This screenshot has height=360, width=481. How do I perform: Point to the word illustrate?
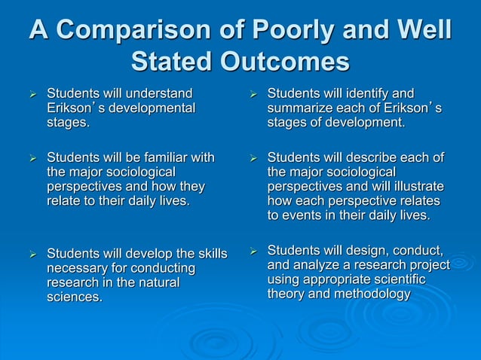point(413,186)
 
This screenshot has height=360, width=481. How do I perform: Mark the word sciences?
point(74,297)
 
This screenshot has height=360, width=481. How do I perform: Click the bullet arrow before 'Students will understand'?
point(32,94)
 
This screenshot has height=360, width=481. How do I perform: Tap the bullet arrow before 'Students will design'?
point(253,251)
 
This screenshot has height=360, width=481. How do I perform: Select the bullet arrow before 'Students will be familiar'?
point(32,159)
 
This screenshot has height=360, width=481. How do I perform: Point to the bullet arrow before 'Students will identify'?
point(253,94)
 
